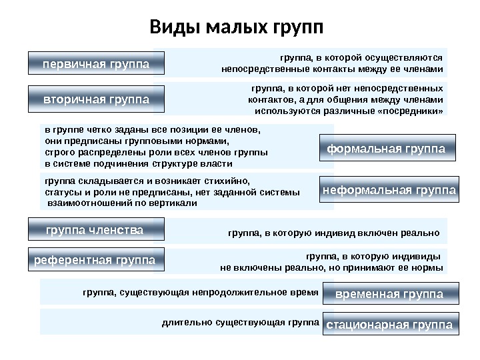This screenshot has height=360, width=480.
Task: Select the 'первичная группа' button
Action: click(95, 64)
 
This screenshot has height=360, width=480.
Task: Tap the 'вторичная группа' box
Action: click(95, 99)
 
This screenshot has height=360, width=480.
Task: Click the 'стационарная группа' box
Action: click(389, 325)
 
